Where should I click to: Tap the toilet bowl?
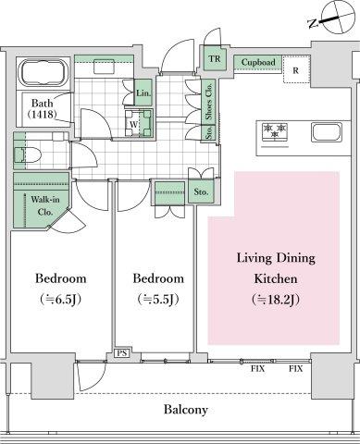(x=28, y=154)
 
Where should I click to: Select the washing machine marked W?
(x=139, y=123)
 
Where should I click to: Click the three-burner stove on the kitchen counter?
(x=275, y=132)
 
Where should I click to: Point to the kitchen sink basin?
(x=327, y=132)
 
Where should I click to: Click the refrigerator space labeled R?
(x=296, y=70)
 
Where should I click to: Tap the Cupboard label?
(x=258, y=62)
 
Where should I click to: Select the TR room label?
(x=215, y=58)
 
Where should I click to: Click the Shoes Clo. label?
(x=209, y=101)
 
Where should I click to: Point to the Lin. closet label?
(x=143, y=92)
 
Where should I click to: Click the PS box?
(x=122, y=353)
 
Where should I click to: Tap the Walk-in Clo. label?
(x=45, y=205)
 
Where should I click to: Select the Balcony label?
(x=186, y=410)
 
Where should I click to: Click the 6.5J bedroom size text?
(x=61, y=299)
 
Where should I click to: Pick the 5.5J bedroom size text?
(x=158, y=299)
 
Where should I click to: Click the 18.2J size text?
(x=276, y=299)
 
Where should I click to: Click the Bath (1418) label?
(x=42, y=108)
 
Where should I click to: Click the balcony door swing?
(x=92, y=376)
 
